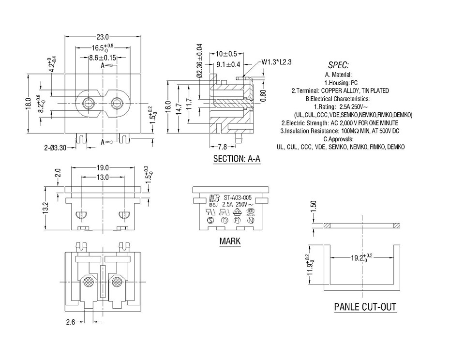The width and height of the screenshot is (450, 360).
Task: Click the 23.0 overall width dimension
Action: point(102,37)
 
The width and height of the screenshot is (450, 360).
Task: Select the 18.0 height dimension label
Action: point(29,104)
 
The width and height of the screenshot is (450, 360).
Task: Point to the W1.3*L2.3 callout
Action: point(277,62)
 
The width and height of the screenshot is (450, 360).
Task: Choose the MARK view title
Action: point(230,241)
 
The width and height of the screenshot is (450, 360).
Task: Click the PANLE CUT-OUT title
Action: point(365,307)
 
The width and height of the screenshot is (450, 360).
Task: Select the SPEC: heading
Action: point(338,65)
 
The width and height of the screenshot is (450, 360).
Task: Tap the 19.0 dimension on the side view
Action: point(102,167)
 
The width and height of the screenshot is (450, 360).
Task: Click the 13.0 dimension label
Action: point(102,178)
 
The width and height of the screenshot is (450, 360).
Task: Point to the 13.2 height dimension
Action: point(46,209)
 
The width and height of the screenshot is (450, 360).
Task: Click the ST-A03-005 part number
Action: point(238,197)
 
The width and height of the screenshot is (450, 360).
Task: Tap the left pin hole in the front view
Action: point(89,103)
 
